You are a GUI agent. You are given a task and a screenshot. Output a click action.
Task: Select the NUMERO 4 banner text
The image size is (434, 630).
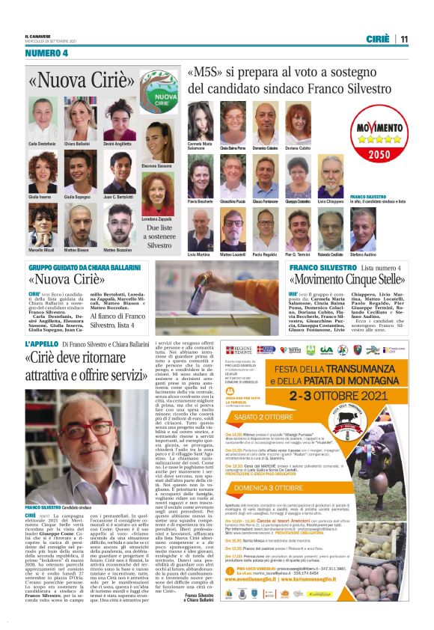point(46,53)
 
